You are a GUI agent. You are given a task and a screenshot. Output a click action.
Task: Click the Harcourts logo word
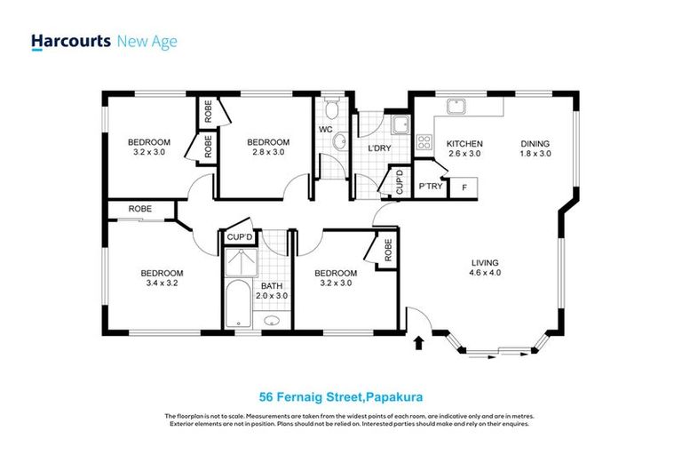(x=71, y=41)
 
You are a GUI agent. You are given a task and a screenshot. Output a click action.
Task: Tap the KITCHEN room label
(x=464, y=144)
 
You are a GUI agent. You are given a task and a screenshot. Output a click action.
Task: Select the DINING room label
(x=535, y=144)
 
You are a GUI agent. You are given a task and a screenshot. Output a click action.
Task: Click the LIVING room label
(x=484, y=263)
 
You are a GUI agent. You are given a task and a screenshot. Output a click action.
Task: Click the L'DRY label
(x=379, y=148)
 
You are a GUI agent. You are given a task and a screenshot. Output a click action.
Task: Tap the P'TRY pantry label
(x=431, y=187)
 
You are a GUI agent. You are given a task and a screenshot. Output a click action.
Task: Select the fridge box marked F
(x=464, y=188)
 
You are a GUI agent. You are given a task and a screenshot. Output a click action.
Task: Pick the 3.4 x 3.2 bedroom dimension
(x=162, y=284)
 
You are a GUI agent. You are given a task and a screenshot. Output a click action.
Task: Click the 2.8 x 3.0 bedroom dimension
(x=267, y=153)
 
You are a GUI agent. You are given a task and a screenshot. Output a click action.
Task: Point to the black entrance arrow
(x=420, y=341)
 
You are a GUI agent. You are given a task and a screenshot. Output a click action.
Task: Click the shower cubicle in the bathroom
(x=238, y=264)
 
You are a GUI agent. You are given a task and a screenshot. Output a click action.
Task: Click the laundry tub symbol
(x=400, y=124)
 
